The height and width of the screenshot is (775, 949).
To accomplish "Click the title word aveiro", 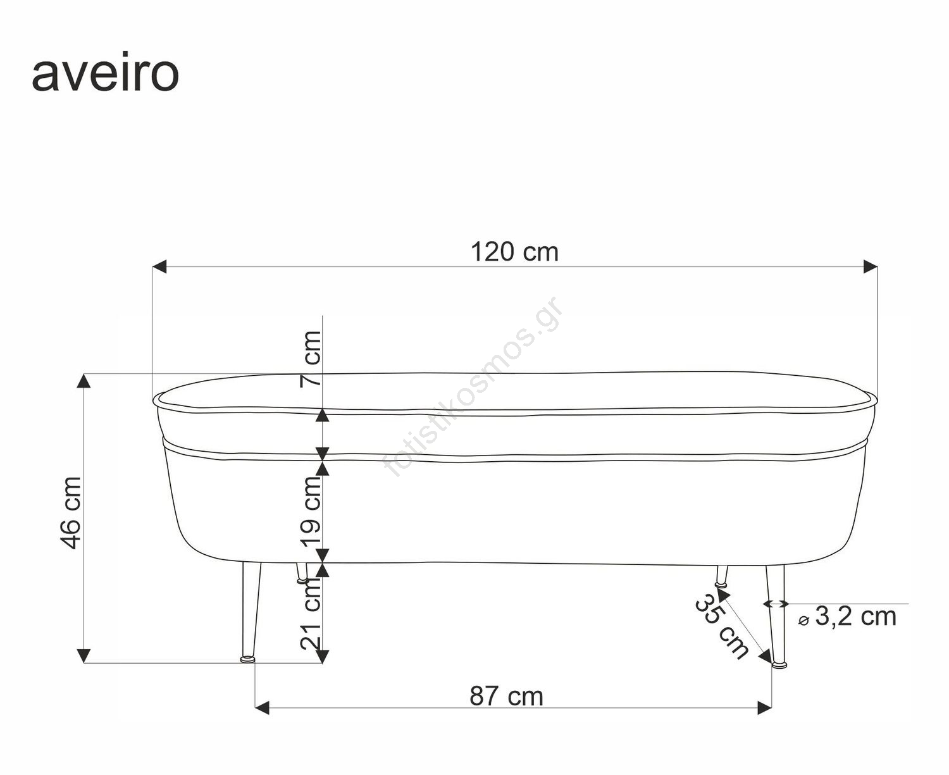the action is (105, 74).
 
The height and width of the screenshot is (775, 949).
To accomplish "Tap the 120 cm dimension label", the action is (514, 252).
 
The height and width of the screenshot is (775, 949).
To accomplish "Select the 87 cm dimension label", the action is (506, 697).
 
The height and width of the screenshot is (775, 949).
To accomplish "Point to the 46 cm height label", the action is (71, 513).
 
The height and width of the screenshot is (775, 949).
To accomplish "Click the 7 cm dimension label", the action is (311, 359).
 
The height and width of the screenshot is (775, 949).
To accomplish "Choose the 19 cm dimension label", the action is (311, 512).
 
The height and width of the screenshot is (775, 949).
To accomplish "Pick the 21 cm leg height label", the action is (311, 613).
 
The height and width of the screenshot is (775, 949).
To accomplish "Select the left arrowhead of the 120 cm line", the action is (159, 266).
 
